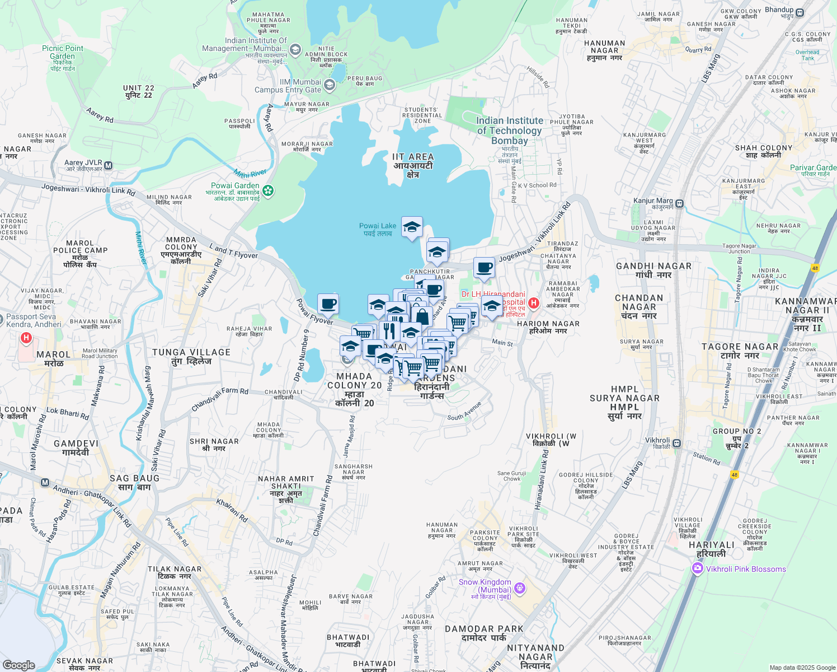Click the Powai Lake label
click(378, 230)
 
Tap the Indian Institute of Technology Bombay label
click(509, 130)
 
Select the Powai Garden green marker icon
click(269, 190)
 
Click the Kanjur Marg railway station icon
click(679, 203)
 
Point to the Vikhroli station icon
click(676, 443)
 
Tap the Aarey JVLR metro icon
click(109, 166)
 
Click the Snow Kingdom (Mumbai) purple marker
click(520, 587)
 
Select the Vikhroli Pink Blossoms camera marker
click(697, 569)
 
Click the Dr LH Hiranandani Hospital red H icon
click(534, 303)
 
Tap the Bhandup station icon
click(800, 12)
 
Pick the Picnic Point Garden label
click(63, 52)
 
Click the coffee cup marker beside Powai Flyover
click(328, 304)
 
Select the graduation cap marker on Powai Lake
click(412, 227)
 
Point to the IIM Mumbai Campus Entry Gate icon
click(330, 85)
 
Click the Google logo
click(19, 665)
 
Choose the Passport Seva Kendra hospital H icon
click(26, 338)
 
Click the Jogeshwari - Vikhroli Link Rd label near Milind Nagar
click(88, 189)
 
